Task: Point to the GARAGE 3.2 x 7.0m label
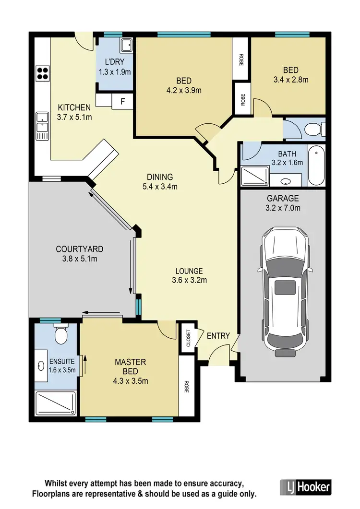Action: tap(283, 203)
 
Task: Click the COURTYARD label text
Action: tap(79, 254)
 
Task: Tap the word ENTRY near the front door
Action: tap(218, 336)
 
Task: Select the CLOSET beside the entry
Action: tap(188, 338)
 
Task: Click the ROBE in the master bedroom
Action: tap(186, 387)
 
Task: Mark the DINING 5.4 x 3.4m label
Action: tap(160, 181)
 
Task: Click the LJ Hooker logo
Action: tap(305, 487)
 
